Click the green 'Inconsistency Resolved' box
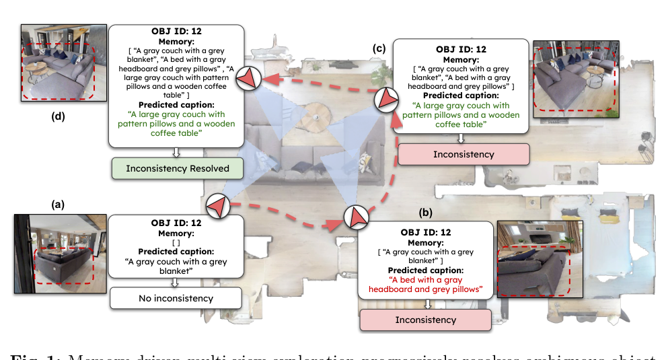(178, 168)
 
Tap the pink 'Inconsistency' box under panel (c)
(464, 154)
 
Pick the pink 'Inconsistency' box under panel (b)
(425, 320)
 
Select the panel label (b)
(425, 213)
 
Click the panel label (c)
(379, 48)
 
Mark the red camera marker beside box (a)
(219, 205)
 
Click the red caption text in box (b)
(425, 285)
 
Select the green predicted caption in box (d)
(178, 124)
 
